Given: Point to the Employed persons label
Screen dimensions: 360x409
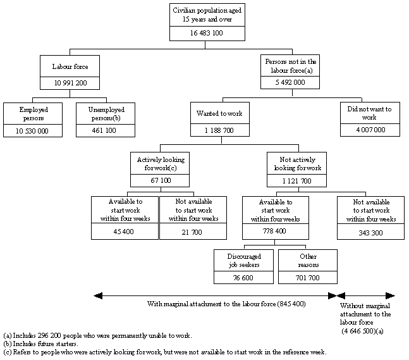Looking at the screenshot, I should pyautogui.click(x=34, y=113).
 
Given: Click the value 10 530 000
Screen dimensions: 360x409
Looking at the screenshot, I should pyautogui.click(x=34, y=131).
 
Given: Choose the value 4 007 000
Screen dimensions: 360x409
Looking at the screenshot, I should pyautogui.click(x=369, y=131).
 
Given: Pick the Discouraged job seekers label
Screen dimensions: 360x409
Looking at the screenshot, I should pyautogui.click(x=243, y=261).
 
